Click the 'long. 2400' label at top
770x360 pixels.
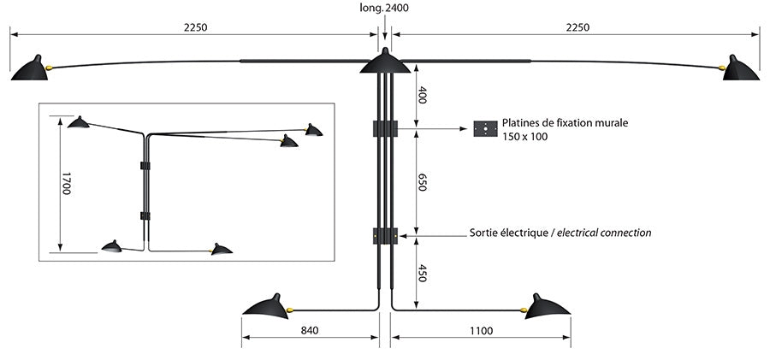[383, 9]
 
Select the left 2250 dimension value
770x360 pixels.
[195, 27]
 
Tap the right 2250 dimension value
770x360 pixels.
[577, 27]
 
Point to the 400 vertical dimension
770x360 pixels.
[421, 95]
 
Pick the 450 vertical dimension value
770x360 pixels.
[421, 274]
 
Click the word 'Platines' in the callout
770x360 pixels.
[523, 123]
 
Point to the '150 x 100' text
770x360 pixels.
[524, 137]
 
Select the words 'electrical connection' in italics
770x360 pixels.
[604, 233]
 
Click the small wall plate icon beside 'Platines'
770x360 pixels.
[485, 129]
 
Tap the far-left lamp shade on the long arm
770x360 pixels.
[29, 69]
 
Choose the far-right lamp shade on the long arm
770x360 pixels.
[741, 69]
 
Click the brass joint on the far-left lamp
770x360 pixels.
[51, 66]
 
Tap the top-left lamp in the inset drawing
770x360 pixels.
[79, 122]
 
